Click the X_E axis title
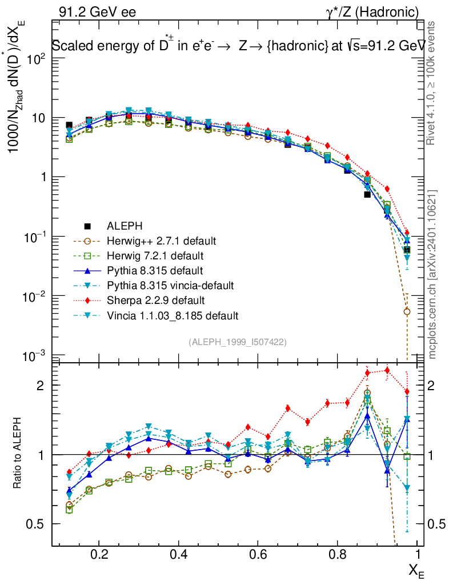click(416, 570)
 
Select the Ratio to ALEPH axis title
click(18, 455)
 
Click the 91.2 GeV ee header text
click(97, 11)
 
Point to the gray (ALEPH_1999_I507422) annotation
click(237, 342)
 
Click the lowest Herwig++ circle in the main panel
click(407, 311)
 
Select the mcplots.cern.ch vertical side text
click(433, 273)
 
